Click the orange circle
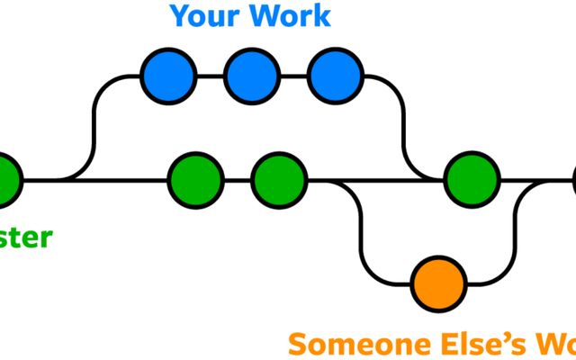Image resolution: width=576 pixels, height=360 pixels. pyautogui.click(x=438, y=283)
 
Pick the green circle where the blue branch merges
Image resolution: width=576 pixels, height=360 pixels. pyautogui.click(x=472, y=180)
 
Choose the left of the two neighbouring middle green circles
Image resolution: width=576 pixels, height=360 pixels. pyautogui.click(x=195, y=180)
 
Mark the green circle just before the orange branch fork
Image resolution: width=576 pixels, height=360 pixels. pyautogui.click(x=279, y=180)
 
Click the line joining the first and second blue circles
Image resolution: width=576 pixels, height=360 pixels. pyautogui.click(x=210, y=76)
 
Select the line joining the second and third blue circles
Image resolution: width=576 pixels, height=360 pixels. pyautogui.click(x=293, y=76)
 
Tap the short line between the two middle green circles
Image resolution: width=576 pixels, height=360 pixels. pyautogui.click(x=238, y=180)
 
